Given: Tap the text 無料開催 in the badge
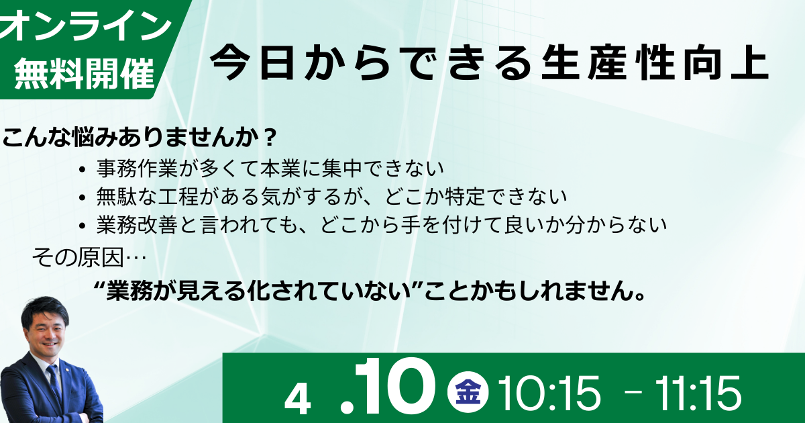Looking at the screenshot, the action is pos(85,73).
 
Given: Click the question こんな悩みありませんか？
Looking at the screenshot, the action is pos(140,137).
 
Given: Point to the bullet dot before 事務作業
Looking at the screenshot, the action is pos(83,169).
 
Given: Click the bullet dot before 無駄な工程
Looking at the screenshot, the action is pos(83,197).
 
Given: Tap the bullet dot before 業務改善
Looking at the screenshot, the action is pos(83,226).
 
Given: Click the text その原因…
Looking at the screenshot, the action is pos(89,257).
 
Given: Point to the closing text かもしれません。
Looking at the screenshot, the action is pos(557,290).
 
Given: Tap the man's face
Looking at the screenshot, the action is pos(48,334).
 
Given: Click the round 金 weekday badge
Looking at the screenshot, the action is pos(468,391).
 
